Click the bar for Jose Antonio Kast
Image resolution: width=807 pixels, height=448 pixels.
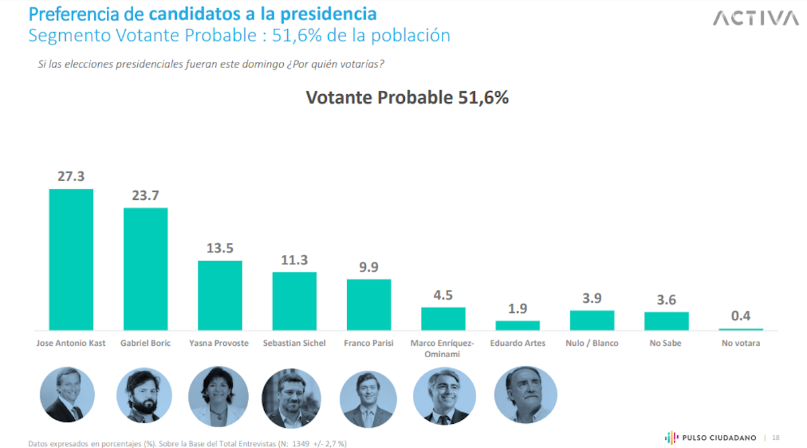tap(71, 260)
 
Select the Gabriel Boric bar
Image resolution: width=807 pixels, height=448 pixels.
tap(145, 269)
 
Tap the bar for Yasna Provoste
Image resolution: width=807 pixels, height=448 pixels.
tap(220, 295)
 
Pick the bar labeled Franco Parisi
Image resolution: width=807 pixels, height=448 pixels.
tap(369, 304)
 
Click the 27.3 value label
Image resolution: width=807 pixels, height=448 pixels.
tap(71, 176)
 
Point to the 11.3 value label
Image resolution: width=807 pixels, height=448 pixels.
tap(294, 260)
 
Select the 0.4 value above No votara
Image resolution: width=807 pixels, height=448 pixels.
tap(740, 315)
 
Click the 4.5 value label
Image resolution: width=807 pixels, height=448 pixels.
tap(443, 295)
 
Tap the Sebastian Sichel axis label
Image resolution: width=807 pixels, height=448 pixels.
tap(294, 343)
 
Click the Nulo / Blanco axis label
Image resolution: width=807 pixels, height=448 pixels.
tap(592, 343)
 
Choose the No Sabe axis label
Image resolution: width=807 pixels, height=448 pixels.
tap(666, 343)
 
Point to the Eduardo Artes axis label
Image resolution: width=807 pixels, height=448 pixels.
tap(517, 343)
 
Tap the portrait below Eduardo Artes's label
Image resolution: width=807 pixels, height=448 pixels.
tap(525, 395)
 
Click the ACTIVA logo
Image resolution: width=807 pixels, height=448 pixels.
tap(755, 18)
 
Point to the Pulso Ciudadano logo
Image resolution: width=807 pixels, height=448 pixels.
tap(710, 437)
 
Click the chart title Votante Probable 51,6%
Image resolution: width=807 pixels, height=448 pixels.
tap(407, 98)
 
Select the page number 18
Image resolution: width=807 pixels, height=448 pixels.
tap(775, 438)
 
